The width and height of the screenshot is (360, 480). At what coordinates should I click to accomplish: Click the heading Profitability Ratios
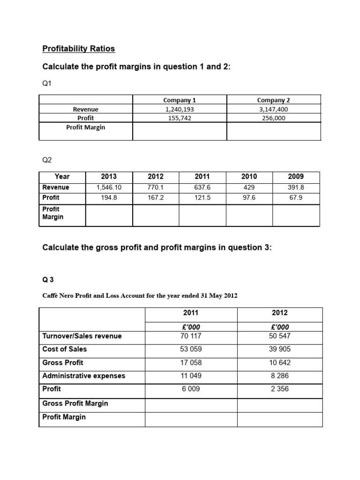pyautogui.click(x=78, y=49)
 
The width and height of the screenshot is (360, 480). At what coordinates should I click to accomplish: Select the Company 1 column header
pyautogui.click(x=180, y=100)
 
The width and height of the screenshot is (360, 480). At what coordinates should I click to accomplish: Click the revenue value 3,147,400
pyautogui.click(x=274, y=109)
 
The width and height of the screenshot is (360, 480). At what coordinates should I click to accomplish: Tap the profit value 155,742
pyautogui.click(x=180, y=118)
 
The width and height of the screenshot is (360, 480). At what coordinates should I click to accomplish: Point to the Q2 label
pyautogui.click(x=47, y=160)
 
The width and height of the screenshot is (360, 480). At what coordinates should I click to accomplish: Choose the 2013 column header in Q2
pyautogui.click(x=109, y=177)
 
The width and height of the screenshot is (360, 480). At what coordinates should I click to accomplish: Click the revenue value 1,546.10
pyautogui.click(x=109, y=187)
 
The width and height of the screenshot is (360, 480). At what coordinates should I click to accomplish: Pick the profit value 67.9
pyautogui.click(x=296, y=198)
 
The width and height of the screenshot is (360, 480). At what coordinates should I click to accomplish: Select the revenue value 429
pyautogui.click(x=249, y=187)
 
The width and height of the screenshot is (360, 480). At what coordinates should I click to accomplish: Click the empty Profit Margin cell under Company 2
pyautogui.click(x=274, y=131)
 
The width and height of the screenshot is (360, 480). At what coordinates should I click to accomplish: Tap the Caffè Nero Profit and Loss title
pyautogui.click(x=140, y=295)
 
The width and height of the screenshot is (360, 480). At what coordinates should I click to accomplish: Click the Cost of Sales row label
pyautogui.click(x=64, y=349)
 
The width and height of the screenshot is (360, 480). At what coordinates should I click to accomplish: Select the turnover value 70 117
pyautogui.click(x=191, y=336)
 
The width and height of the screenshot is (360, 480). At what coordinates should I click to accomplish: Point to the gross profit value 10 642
pyautogui.click(x=280, y=362)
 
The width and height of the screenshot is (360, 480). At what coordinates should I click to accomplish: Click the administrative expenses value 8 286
pyautogui.click(x=280, y=375)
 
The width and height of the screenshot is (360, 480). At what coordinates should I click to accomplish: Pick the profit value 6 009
pyautogui.click(x=191, y=389)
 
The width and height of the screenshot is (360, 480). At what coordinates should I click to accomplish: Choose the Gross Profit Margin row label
pyautogui.click(x=75, y=404)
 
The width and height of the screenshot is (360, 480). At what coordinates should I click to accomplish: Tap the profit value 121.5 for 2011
pyautogui.click(x=202, y=198)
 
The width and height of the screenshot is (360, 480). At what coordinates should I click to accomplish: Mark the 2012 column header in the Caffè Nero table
pyautogui.click(x=280, y=313)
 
